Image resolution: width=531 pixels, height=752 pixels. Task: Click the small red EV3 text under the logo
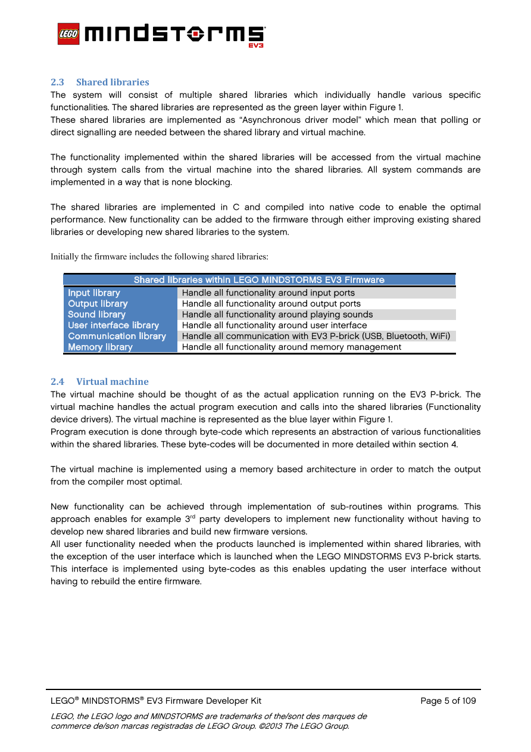256,45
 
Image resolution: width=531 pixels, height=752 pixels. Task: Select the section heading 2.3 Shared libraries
100,82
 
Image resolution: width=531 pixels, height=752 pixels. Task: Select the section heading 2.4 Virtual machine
99,381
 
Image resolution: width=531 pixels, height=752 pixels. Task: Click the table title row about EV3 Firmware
259,279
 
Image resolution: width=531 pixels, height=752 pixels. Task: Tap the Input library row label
94,293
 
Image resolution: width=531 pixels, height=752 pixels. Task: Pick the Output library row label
98,303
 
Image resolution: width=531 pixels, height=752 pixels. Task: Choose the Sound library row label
96,314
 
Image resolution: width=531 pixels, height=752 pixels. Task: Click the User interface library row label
113,325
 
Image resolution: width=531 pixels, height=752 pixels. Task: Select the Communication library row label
117,336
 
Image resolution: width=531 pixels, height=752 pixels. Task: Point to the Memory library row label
100,347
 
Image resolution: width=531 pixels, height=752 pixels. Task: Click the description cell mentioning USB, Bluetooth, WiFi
316,336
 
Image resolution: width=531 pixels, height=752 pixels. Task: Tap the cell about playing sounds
277,314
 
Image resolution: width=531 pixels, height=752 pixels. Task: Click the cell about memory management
291,347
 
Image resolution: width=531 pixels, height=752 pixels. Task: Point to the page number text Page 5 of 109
448,701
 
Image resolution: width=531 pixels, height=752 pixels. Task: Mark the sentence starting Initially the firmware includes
159,257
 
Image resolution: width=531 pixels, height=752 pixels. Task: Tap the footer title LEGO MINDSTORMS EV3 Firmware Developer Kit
156,701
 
